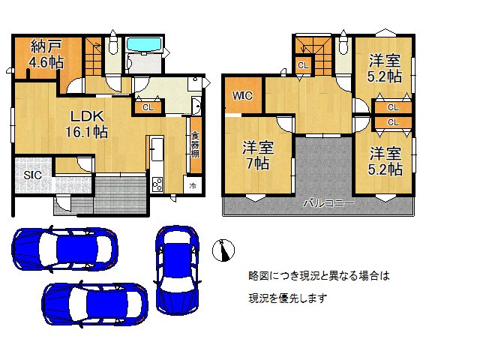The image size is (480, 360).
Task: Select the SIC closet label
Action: (x=31, y=175)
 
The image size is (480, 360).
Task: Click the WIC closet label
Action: (x=242, y=96)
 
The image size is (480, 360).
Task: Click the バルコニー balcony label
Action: (x=328, y=202)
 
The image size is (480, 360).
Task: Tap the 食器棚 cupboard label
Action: (x=195, y=144)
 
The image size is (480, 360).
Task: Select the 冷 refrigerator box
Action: (x=193, y=185)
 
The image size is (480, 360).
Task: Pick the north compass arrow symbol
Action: (x=223, y=250)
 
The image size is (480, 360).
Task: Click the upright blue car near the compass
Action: (x=176, y=268)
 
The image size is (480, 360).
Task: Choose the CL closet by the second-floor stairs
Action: (x=302, y=66)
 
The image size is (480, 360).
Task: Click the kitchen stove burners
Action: (x=157, y=183)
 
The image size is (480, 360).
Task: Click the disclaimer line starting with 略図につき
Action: (x=319, y=276)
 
